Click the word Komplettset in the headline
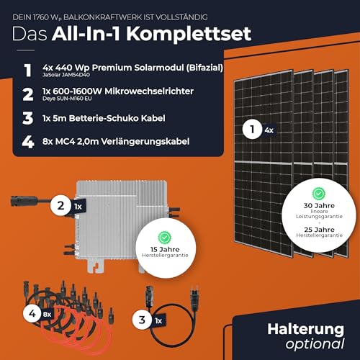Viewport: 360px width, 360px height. tap(189, 35)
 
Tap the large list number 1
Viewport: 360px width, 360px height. tap(28, 71)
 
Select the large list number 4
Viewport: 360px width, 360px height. tap(28, 142)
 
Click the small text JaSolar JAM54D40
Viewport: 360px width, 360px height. tap(66, 75)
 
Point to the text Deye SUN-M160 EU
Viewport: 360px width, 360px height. tap(67, 99)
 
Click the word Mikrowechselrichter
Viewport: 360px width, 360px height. tap(149, 91)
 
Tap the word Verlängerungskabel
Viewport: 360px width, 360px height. tap(145, 142)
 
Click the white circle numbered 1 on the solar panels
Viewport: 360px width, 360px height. tap(252, 130)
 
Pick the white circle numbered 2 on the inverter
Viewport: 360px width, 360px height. tap(60, 206)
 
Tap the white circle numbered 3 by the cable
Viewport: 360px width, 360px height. tap(142, 320)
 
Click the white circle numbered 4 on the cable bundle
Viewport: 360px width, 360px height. tap(32, 313)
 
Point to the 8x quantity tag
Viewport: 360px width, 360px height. tap(48, 314)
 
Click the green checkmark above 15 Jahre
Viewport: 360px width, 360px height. tap(164, 238)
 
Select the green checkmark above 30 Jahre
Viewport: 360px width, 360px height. tap(318, 193)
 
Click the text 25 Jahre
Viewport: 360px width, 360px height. tap(319, 230)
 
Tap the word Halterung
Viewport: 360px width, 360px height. tap(305, 330)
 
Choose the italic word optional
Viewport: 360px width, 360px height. tap(315, 344)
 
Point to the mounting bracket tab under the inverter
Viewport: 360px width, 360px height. tap(96, 265)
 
